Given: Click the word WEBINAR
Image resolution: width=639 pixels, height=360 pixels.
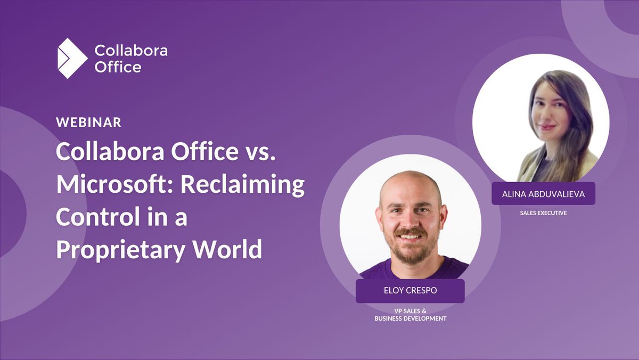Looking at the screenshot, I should point(89,122).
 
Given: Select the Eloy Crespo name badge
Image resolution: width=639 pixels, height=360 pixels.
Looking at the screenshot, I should point(409,291).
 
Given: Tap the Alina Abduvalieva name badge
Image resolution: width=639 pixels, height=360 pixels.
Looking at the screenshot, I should point(543,194).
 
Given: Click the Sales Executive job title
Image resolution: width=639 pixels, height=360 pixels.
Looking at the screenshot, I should point(543,213).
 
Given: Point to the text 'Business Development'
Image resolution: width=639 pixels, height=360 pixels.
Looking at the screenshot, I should point(410,318).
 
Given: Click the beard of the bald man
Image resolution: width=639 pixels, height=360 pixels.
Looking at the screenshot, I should point(410,253).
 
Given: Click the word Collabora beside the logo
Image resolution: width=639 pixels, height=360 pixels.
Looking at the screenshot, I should point(131,51).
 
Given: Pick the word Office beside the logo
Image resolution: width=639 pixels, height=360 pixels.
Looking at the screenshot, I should point(118,67).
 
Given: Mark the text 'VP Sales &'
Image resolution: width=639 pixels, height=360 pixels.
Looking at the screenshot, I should point(410,310).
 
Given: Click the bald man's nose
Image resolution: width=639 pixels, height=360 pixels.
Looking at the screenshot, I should point(409,221).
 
